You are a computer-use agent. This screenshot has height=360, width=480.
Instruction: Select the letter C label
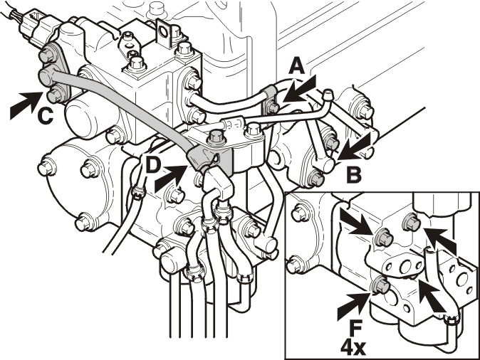point(45,117)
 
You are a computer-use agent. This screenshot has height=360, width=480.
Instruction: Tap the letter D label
point(152,166)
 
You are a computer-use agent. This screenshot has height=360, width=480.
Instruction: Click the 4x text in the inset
point(353,347)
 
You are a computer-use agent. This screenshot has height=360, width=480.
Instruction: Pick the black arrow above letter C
point(26,105)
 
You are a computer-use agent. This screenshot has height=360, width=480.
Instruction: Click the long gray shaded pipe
point(122,107)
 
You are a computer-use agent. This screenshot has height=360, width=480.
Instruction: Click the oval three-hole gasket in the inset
point(403,265)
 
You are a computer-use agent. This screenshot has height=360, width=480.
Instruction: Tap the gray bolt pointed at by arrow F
point(380,285)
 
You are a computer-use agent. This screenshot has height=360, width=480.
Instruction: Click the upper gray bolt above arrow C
point(47,55)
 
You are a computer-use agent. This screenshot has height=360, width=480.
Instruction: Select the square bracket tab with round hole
point(165,33)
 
